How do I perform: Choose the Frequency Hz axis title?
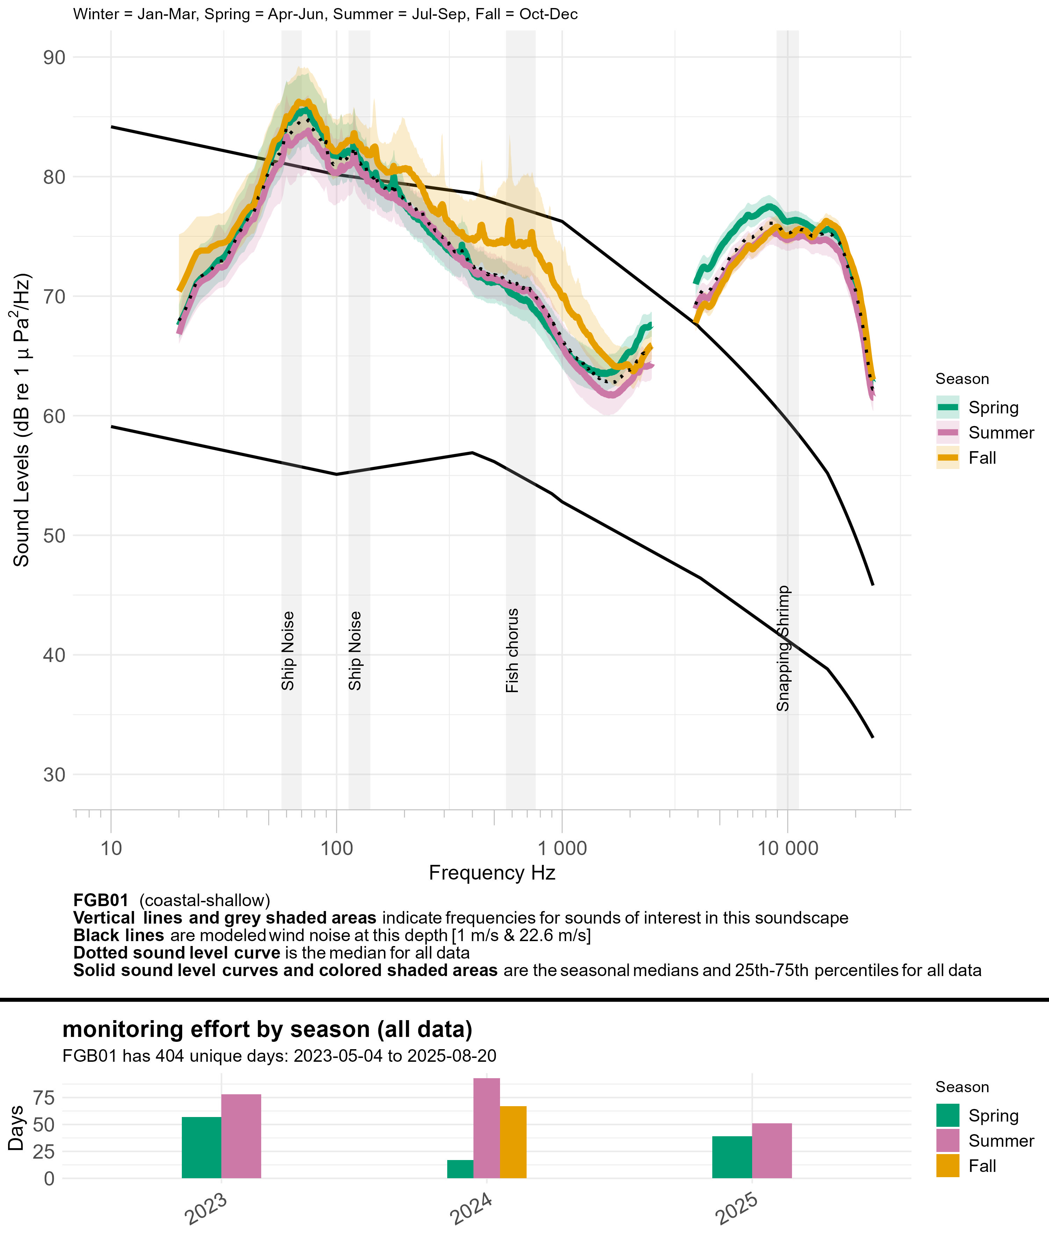[492, 873]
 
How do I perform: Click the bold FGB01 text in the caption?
[101, 901]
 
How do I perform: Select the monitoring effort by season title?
[267, 1029]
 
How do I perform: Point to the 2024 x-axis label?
[472, 1209]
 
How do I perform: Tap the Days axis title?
[16, 1128]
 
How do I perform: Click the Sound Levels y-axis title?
[22, 420]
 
